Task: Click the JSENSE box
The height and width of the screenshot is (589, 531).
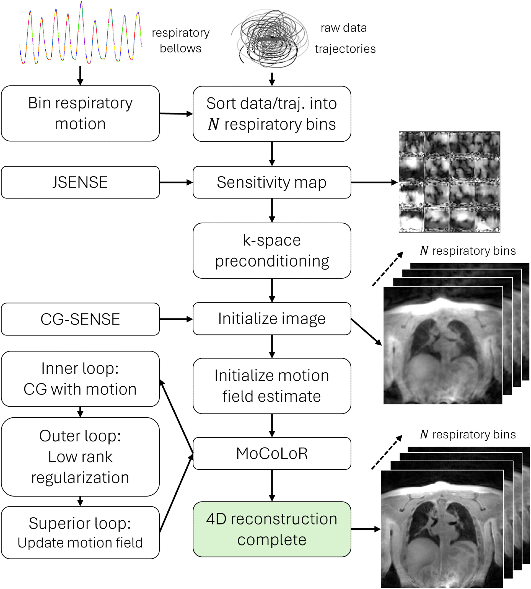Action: point(80,182)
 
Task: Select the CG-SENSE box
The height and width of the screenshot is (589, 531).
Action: point(80,319)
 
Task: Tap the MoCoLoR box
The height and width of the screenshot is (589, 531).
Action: point(272,454)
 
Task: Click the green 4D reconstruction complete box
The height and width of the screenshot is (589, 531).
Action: point(272,529)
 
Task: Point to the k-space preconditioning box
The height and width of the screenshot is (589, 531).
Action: point(272,251)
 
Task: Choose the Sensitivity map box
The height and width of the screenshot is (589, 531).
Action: point(272,182)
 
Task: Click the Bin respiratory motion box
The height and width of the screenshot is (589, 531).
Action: point(80,113)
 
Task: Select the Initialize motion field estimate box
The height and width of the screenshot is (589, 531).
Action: point(272,386)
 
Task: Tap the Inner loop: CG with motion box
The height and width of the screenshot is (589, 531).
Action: point(80,379)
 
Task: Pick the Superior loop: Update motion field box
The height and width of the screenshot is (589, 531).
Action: point(80,533)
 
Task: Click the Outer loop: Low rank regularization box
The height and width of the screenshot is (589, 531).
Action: point(80,457)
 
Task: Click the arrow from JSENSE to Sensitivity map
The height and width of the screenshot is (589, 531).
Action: point(176,183)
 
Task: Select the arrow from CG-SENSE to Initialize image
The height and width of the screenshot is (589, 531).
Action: point(176,319)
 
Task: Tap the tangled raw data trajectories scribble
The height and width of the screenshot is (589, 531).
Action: point(270,38)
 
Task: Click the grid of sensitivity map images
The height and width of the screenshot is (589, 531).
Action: point(449,182)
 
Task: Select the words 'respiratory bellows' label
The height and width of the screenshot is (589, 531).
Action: point(180,41)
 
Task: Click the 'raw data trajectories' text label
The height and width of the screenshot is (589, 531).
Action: point(345,38)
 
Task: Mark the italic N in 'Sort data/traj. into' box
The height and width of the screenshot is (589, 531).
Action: point(213,124)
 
